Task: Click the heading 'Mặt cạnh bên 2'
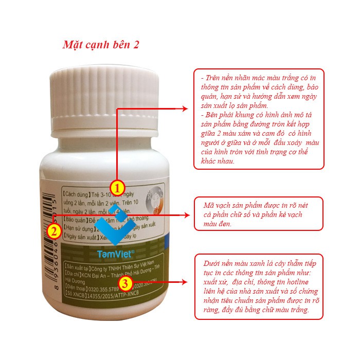coord(101,45)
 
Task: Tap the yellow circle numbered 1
coord(117,186)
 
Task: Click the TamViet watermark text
coord(115,254)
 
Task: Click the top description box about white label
coord(259,119)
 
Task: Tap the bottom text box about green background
coord(259,286)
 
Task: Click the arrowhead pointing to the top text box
coord(186,109)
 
